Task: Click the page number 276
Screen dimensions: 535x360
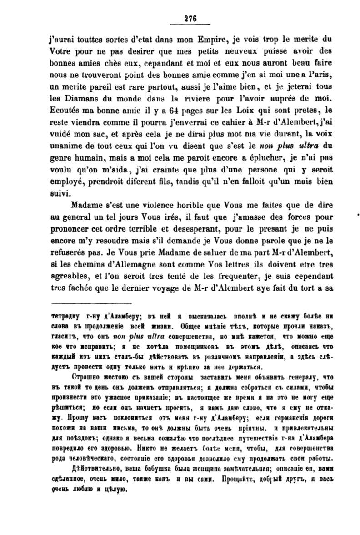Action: [190, 19]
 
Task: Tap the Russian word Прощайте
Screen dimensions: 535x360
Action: [237, 479]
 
